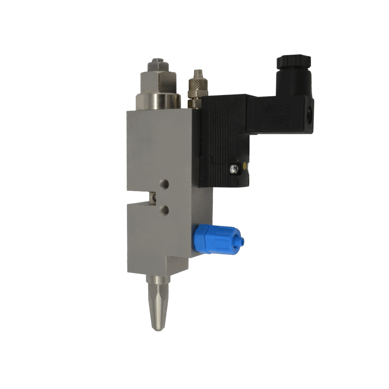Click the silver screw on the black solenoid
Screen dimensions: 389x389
coord(233,168)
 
